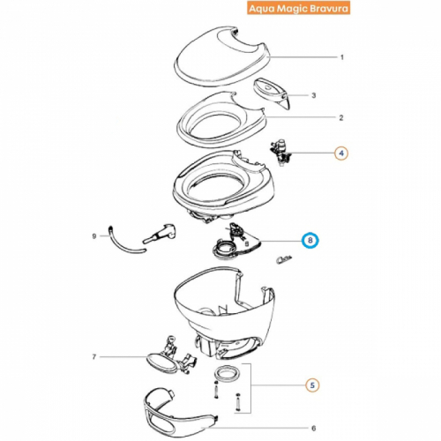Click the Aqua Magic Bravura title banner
coord(298,8)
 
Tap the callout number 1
coord(342,57)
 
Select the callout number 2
coord(341,118)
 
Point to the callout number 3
coord(314,95)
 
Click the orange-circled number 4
coord(341,153)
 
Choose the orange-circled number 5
coord(312,385)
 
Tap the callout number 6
coord(313,429)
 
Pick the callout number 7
coord(94,357)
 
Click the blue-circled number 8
coord(310,241)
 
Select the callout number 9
coord(94,236)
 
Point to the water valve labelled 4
coord(280,153)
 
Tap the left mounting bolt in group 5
coord(216,390)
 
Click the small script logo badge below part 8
coord(285,259)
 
